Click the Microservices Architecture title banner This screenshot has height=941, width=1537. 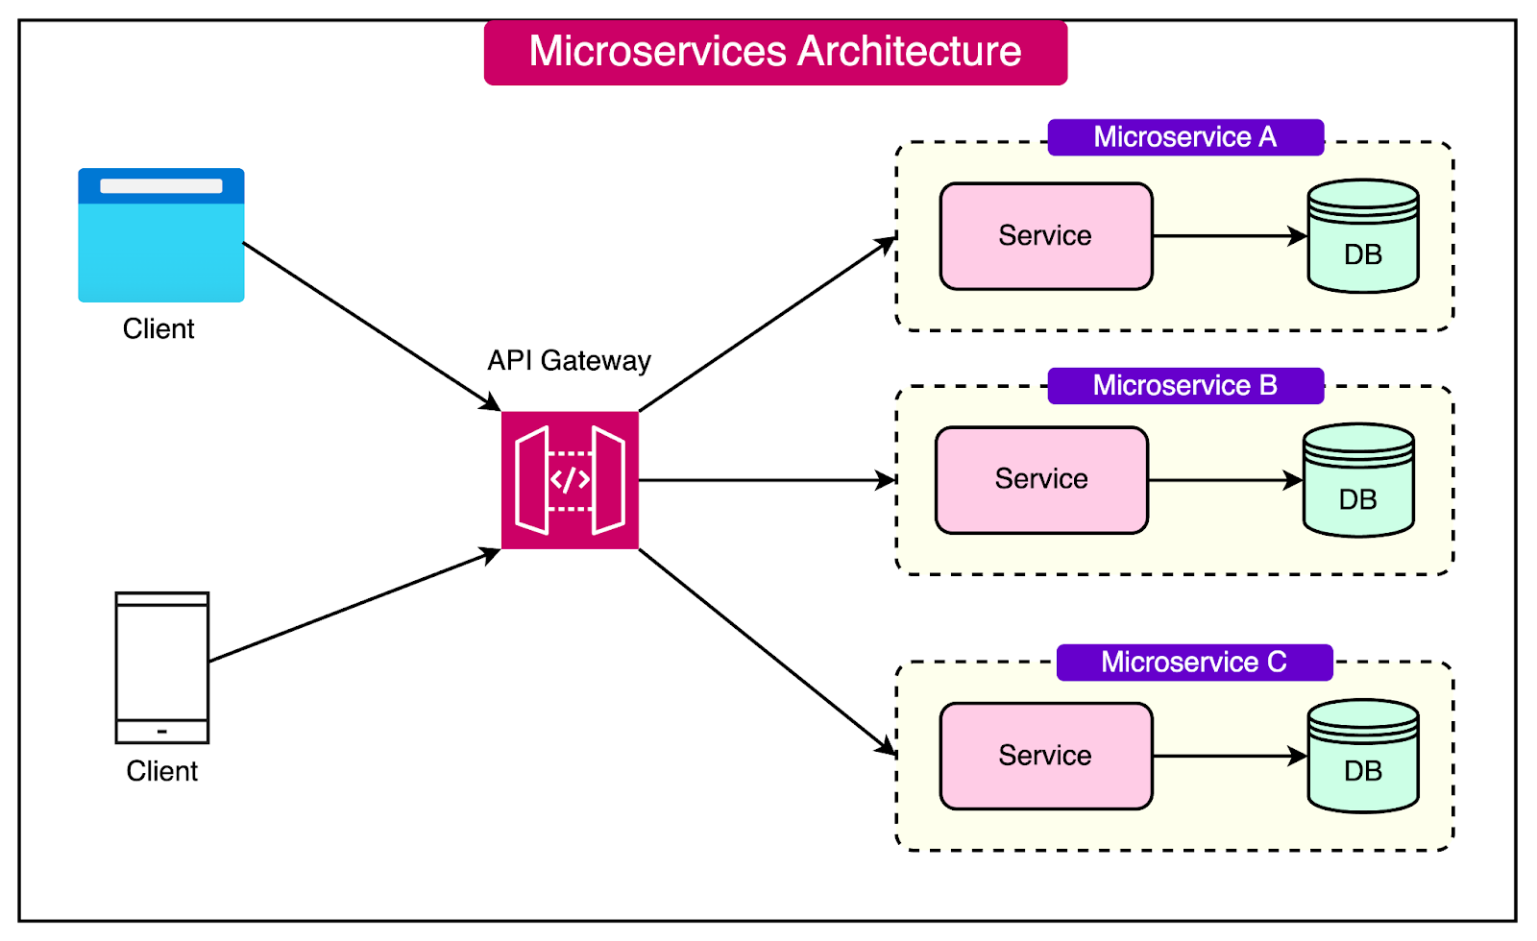click(775, 53)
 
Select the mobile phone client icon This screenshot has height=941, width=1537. click(161, 666)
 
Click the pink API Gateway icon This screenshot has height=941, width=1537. click(570, 480)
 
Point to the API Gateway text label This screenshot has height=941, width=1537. click(569, 361)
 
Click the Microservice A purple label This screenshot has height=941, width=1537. click(1185, 137)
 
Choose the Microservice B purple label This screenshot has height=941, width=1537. click(1185, 386)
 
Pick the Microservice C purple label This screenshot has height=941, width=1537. click(1194, 663)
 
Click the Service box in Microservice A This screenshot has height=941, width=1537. click(1045, 236)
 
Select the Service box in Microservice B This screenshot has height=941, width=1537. click(1041, 480)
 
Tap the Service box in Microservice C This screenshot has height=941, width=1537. click(1045, 756)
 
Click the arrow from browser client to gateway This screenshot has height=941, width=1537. click(370, 326)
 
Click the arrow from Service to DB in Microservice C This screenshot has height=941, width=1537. click(1229, 757)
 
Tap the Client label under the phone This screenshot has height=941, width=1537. click(161, 772)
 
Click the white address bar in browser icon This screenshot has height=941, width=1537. click(161, 186)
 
